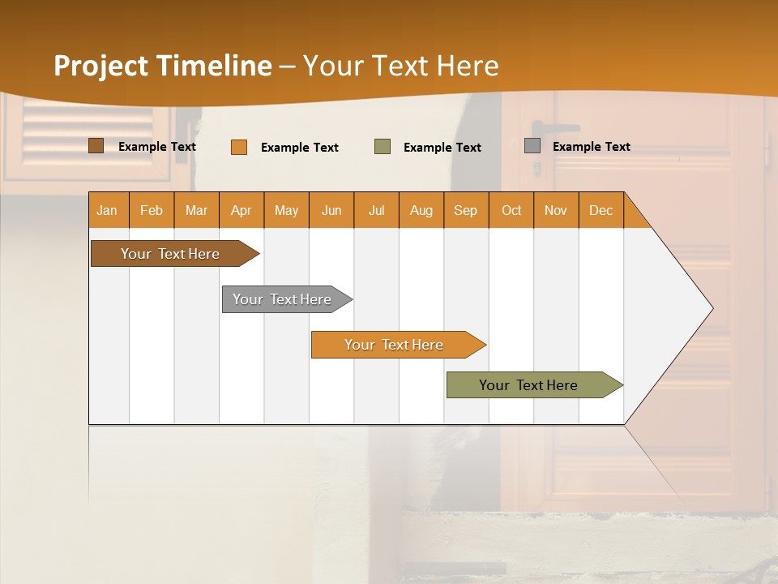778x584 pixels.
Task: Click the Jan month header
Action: click(x=107, y=210)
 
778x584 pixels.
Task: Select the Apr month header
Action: click(x=241, y=210)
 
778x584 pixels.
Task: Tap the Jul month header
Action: click(x=376, y=210)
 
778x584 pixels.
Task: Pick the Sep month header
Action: click(x=465, y=210)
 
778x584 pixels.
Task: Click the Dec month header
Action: click(x=601, y=210)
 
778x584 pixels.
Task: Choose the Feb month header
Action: click(x=152, y=210)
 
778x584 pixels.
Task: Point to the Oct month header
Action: click(x=511, y=210)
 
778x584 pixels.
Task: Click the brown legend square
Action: click(x=96, y=146)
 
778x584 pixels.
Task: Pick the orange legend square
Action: click(x=239, y=147)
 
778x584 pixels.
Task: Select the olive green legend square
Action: click(x=383, y=147)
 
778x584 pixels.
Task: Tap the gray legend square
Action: click(x=532, y=146)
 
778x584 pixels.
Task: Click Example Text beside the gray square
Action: click(x=591, y=147)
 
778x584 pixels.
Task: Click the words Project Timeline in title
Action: click(x=162, y=66)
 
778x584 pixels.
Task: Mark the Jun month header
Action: click(x=331, y=210)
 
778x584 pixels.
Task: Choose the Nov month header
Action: click(x=556, y=210)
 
